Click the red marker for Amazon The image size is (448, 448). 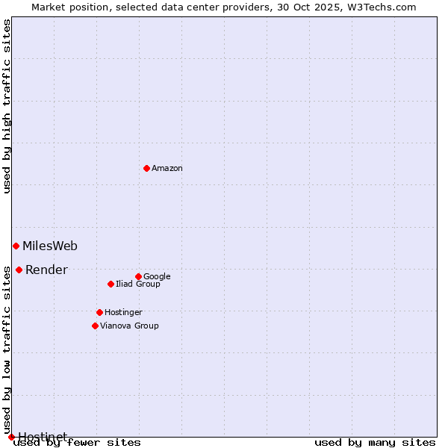click(146, 168)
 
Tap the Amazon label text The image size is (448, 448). click(167, 169)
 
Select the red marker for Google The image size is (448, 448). click(138, 276)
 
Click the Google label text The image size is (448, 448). click(157, 277)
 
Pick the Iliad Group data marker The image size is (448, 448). click(111, 284)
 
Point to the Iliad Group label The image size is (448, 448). click(138, 284)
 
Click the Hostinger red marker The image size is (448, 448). click(99, 312)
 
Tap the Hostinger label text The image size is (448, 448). click(123, 313)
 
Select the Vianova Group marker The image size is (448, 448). click(95, 326)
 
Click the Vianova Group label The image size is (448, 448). click(129, 326)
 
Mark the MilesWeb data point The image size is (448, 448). click(16, 246)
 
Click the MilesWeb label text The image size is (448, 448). click(50, 246)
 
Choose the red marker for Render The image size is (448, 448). click(19, 270)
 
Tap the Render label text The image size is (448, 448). click(46, 270)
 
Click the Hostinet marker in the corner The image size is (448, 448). click(11, 437)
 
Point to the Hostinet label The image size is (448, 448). click(43, 436)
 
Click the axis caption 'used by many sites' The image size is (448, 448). click(375, 443)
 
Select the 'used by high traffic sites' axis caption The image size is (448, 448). click(7, 106)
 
